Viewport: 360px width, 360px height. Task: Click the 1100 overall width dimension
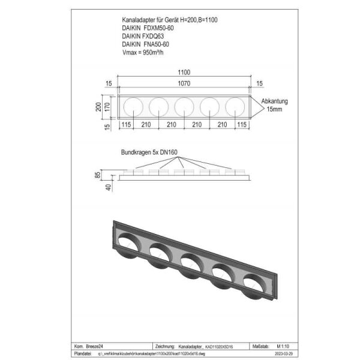pos(184,72)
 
